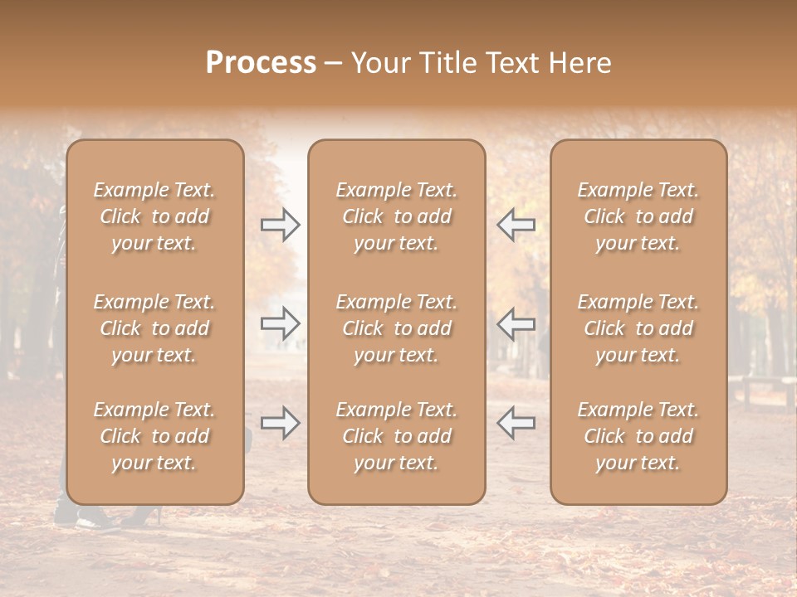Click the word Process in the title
point(261,63)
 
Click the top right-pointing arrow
point(280,224)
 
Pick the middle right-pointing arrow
point(280,323)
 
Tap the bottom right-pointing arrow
point(280,423)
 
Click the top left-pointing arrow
point(516,224)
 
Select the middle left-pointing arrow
point(516,323)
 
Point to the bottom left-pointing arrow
point(516,423)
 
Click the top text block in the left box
point(154,216)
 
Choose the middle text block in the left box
point(154,328)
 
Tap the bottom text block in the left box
point(154,436)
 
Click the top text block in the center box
point(396,216)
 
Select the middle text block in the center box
point(396,328)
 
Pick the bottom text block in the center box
point(396,436)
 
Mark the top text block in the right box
point(638,216)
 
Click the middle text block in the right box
point(638,328)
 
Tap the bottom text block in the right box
point(638,436)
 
